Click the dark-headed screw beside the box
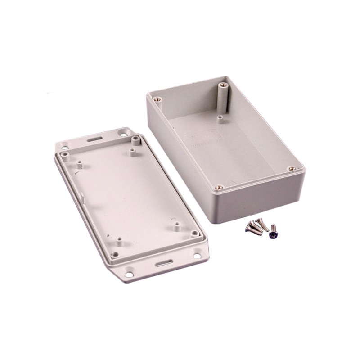[273, 234]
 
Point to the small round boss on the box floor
[220, 119]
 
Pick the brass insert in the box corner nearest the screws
[219, 187]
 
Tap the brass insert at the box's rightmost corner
[292, 169]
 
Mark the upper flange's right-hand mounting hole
[123, 133]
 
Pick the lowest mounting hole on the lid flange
[129, 274]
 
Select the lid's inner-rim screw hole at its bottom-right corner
[194, 234]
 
